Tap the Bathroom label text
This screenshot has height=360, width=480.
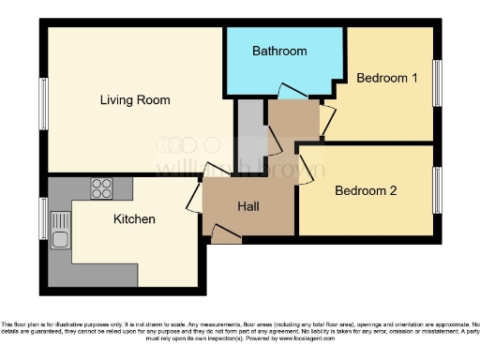click(279, 52)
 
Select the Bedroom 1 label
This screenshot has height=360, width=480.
click(386, 78)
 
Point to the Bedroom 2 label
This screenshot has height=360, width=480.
click(366, 190)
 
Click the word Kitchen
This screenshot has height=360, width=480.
click(134, 219)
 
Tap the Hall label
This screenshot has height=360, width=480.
click(247, 206)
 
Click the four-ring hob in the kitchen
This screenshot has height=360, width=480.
click(100, 188)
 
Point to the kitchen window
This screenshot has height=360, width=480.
click(43, 218)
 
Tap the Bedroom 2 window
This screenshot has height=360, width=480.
click(436, 189)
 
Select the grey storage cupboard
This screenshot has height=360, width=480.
click(249, 131)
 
